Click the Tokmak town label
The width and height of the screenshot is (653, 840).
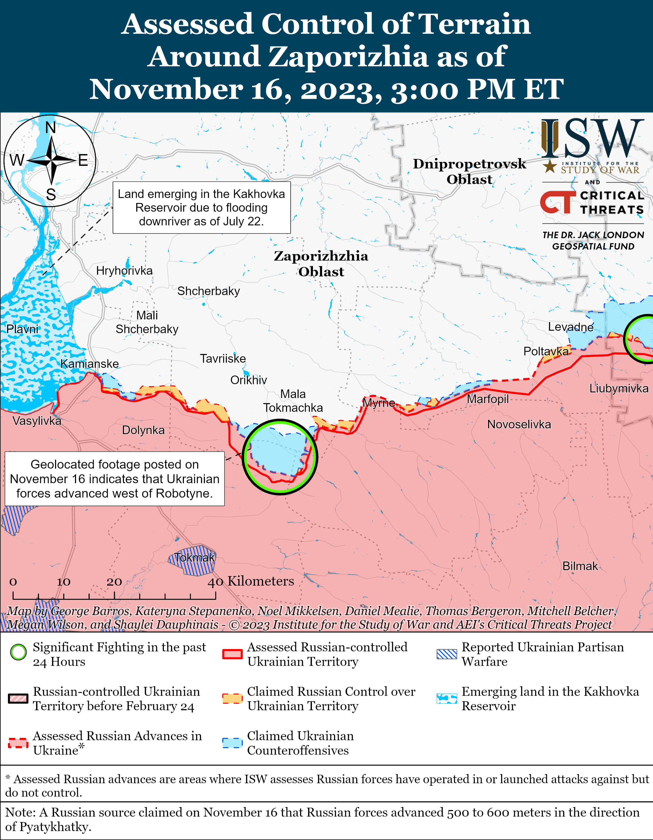point(194,557)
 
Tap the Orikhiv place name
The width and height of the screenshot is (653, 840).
point(249,380)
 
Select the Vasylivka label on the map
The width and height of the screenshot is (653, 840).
point(37,421)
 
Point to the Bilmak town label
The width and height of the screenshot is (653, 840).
point(580,566)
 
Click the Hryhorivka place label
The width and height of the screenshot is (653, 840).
point(124,271)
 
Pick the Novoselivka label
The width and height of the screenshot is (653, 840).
point(519,424)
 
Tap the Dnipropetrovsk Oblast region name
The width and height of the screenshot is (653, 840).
point(469,171)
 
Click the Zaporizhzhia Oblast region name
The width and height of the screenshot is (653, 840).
point(321,264)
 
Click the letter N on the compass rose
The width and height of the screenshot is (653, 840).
point(50,128)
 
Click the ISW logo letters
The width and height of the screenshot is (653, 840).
point(593,138)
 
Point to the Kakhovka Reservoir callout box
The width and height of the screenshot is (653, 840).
point(201,208)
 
